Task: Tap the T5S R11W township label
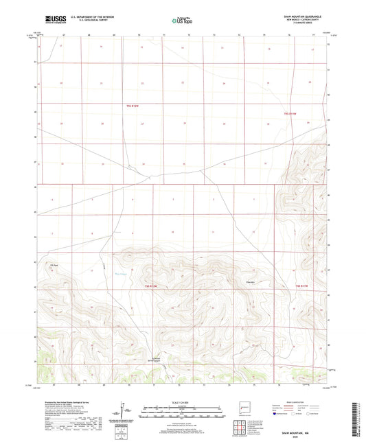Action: pyautogui.click(x=291, y=113)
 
